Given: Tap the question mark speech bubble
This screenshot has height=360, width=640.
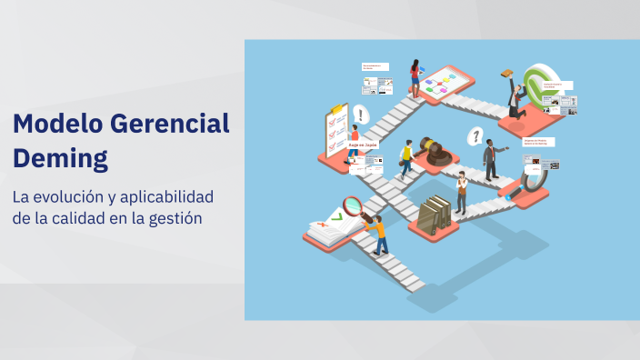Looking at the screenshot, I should pyautogui.click(x=474, y=137).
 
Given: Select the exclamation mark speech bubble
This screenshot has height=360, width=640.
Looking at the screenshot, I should pyautogui.click(x=361, y=115).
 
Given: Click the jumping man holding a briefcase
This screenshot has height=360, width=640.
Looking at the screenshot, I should pyautogui.click(x=515, y=94).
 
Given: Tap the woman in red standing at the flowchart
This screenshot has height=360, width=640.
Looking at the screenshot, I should pyautogui.click(x=415, y=76).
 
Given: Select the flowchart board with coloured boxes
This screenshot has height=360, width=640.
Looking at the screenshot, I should pyautogui.click(x=443, y=83).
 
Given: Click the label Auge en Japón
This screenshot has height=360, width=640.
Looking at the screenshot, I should pyautogui.click(x=363, y=145).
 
